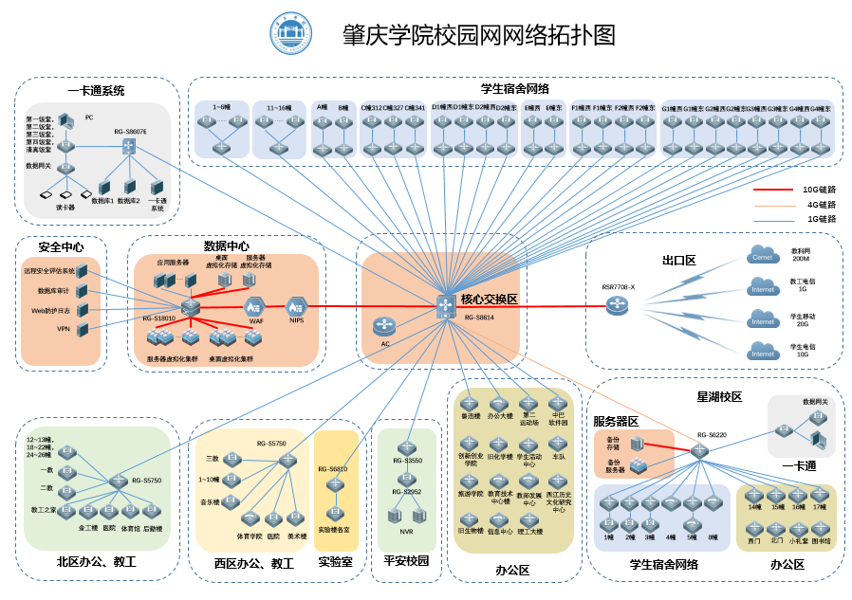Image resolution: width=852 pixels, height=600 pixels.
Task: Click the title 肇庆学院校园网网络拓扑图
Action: pyautogui.click(x=478, y=36)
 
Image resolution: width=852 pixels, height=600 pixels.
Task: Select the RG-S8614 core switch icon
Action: pyautogui.click(x=447, y=305)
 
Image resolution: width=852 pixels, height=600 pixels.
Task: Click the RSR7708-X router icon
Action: pyautogui.click(x=619, y=305)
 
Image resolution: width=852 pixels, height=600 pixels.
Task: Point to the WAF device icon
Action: pyautogui.click(x=254, y=306)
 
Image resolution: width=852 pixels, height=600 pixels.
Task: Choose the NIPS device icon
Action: pyautogui.click(x=297, y=305)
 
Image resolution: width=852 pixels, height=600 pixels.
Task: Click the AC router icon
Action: pyautogui.click(x=384, y=326)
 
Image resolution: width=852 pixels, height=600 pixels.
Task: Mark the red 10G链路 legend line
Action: pyautogui.click(x=772, y=190)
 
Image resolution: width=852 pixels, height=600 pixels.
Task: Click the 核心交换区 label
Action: pyautogui.click(x=489, y=299)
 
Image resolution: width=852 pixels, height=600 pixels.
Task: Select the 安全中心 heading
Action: pyautogui.click(x=61, y=246)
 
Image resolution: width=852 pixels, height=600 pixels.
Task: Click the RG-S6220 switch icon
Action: pyautogui.click(x=700, y=452)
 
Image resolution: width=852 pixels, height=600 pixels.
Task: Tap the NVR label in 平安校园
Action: pyautogui.click(x=406, y=532)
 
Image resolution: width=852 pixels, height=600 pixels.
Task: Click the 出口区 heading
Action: pyautogui.click(x=679, y=260)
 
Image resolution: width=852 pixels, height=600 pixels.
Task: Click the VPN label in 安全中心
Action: pyautogui.click(x=64, y=329)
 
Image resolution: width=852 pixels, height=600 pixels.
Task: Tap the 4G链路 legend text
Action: pyautogui.click(x=820, y=204)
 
